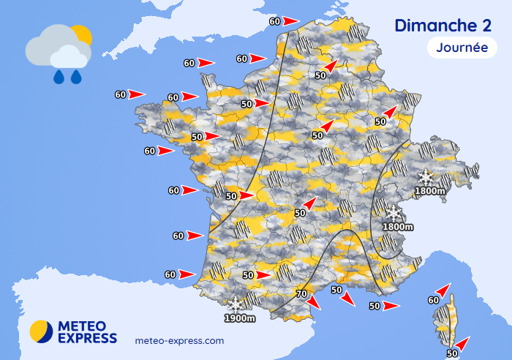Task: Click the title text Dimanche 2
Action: click(x=443, y=26)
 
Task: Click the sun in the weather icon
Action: click(x=80, y=34)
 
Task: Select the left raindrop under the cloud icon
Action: click(x=59, y=76)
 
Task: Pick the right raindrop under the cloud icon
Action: click(x=76, y=76)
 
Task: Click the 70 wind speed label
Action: click(x=300, y=294)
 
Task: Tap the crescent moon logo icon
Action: click(x=41, y=331)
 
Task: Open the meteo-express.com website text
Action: click(x=180, y=341)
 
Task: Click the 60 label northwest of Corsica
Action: click(x=433, y=300)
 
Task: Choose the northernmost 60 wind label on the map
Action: click(x=274, y=20)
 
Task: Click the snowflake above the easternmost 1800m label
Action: click(x=425, y=177)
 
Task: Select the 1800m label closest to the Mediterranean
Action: click(x=398, y=227)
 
